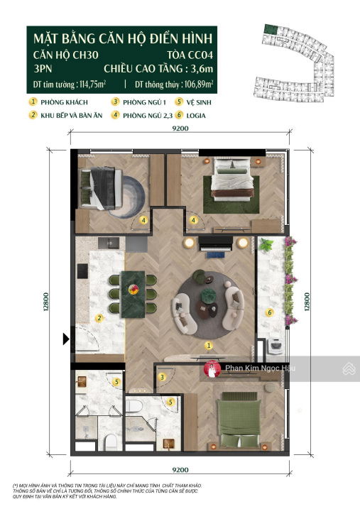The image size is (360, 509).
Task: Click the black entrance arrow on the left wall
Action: point(66,339)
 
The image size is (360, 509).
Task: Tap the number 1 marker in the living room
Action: point(209,346)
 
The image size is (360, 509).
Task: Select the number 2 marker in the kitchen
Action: point(99,318)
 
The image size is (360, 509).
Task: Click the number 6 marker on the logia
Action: point(269,312)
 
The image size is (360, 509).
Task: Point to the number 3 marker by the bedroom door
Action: point(162,377)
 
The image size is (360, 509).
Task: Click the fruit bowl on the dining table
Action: point(133,289)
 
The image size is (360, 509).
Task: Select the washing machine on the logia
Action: point(276,346)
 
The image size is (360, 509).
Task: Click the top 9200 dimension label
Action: point(180,128)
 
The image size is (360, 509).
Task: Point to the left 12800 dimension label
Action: point(46,302)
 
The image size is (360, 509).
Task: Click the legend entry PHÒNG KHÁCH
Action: point(65,102)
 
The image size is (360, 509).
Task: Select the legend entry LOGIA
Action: point(196,116)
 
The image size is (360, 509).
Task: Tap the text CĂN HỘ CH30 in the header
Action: point(66,55)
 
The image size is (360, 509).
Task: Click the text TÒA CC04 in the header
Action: point(190,55)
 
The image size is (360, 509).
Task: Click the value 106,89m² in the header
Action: point(199,84)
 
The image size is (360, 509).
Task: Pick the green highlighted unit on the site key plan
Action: point(270,29)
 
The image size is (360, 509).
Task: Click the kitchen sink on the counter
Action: point(109,243)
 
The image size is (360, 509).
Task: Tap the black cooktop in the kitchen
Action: point(82,271)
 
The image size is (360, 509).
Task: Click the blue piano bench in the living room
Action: point(215,256)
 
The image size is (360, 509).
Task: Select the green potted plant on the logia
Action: point(266,244)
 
